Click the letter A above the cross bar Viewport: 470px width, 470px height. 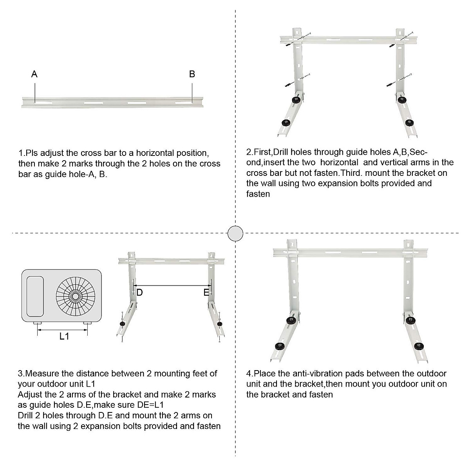(34, 74)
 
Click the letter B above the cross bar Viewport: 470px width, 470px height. (192, 74)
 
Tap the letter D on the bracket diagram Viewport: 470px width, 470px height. (139, 293)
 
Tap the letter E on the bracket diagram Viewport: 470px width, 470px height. (206, 293)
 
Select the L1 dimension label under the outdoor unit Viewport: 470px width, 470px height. (64, 336)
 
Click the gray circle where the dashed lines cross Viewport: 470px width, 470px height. (235, 233)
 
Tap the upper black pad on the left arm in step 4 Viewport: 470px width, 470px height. (291, 321)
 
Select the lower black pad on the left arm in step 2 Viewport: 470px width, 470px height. (284, 123)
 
